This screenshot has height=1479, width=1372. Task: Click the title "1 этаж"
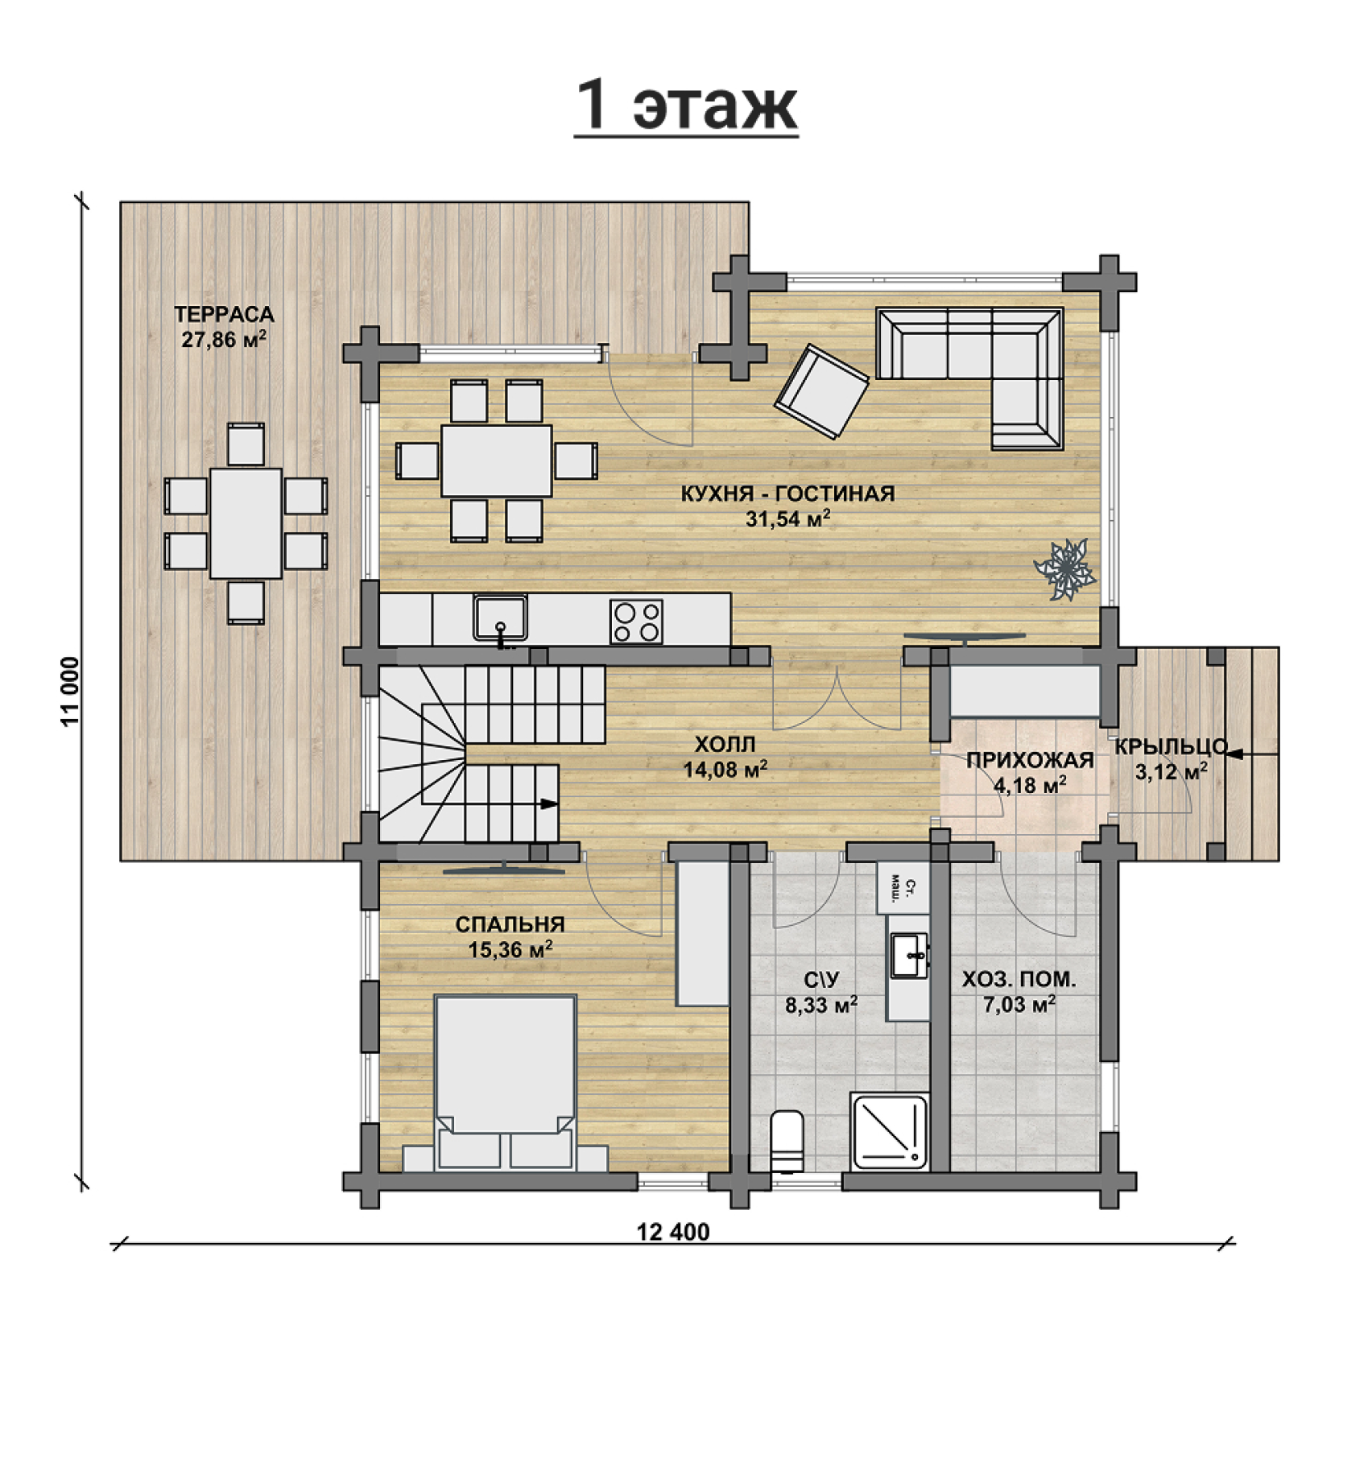[x=686, y=105]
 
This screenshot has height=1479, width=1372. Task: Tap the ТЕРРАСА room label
[x=225, y=314]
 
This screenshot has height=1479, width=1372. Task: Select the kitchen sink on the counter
[x=500, y=618]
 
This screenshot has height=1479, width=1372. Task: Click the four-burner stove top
[x=636, y=621]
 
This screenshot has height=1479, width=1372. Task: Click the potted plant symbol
[x=1064, y=568]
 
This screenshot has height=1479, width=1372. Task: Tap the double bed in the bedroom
[x=505, y=1083]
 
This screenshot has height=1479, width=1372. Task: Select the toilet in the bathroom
[x=787, y=1142]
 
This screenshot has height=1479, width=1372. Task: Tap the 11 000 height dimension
[x=71, y=692]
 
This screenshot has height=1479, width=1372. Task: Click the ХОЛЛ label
[x=725, y=743]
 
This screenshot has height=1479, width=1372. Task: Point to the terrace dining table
[x=246, y=523]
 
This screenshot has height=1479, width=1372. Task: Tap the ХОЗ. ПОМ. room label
[x=1019, y=980]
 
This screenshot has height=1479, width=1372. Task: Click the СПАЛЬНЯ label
[x=510, y=924]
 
